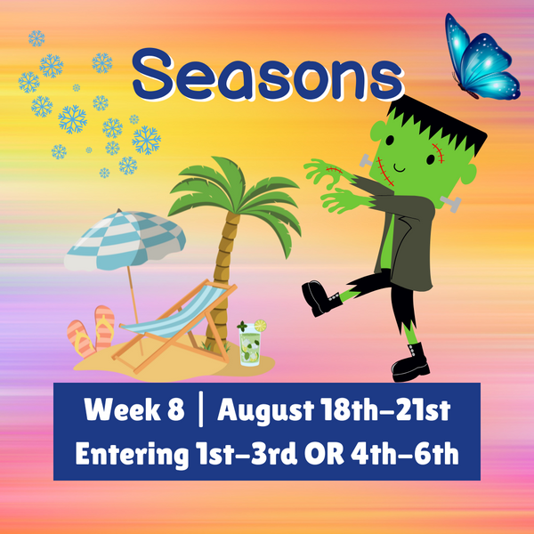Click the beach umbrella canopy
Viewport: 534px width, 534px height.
pos(125,236)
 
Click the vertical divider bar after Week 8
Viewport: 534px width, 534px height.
pos(202,411)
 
